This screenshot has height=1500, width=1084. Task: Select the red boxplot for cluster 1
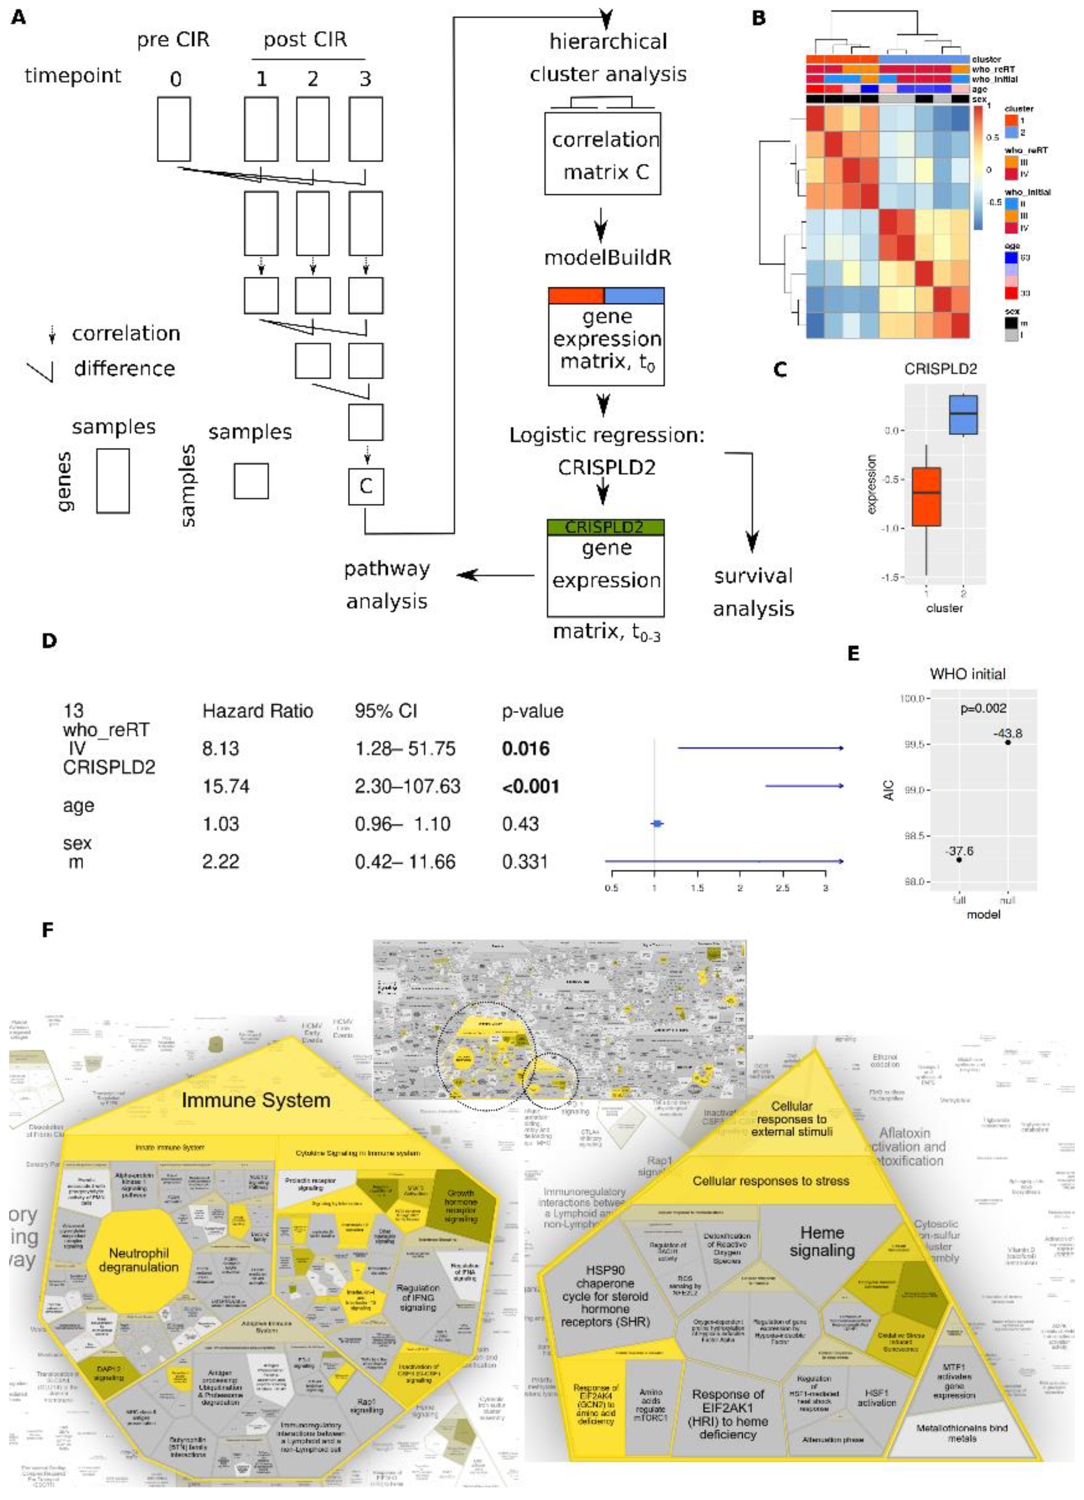(x=926, y=496)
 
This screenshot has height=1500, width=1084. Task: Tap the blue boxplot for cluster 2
(x=963, y=415)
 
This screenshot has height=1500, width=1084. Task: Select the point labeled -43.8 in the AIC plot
(x=1007, y=742)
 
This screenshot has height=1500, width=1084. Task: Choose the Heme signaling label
(x=822, y=1241)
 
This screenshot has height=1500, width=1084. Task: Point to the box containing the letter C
(x=366, y=486)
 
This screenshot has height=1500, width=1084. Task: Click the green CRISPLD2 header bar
(x=605, y=527)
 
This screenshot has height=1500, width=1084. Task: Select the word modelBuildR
(x=607, y=257)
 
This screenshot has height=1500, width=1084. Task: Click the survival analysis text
(x=753, y=592)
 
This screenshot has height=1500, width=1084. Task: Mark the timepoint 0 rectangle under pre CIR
(x=174, y=129)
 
